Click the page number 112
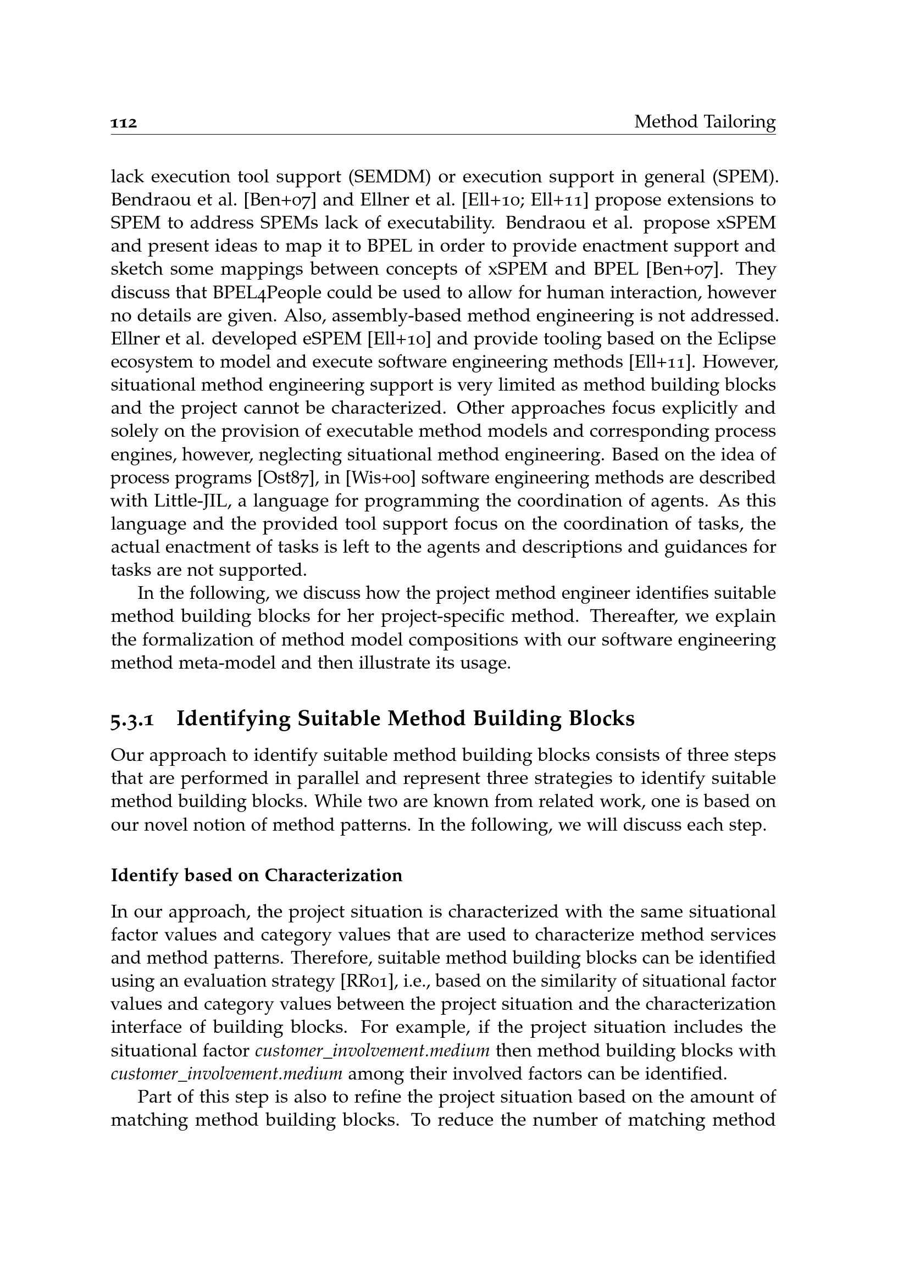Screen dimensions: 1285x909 124,123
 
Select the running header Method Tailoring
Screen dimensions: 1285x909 705,121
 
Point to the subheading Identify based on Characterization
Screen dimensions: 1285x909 256,875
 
